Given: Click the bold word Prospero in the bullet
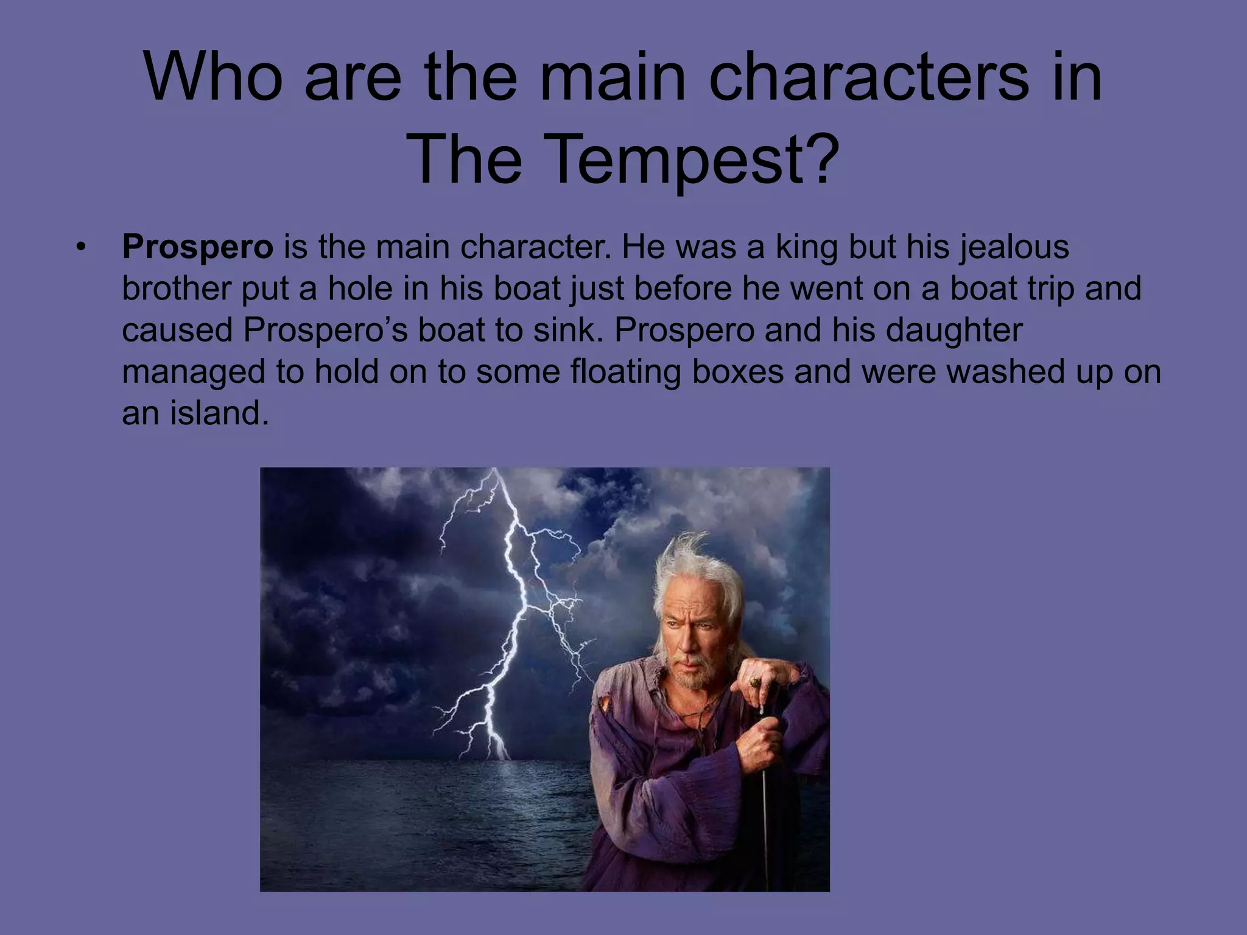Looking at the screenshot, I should click(197, 248).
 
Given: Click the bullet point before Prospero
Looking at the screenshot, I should click(80, 248).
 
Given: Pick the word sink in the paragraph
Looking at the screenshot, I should click(567, 330).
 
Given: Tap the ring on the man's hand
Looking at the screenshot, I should click(756, 681).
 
